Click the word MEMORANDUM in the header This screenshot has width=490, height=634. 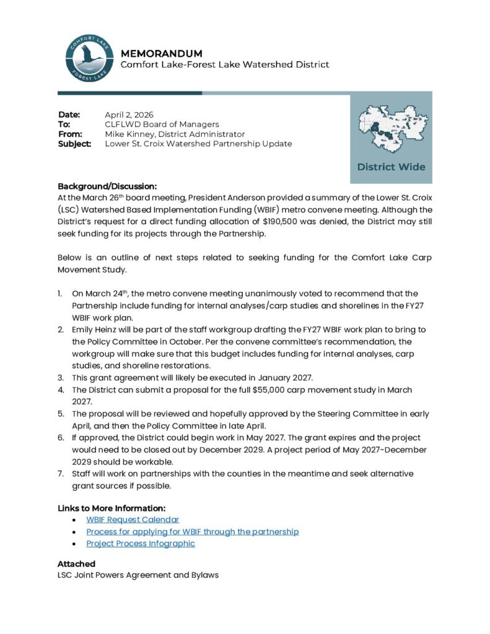161,53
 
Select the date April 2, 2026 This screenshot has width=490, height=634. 129,115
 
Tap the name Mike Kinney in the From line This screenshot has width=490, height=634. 128,134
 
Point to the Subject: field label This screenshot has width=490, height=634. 74,144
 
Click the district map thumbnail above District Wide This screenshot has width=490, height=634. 391,129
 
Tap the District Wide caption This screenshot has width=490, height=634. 391,167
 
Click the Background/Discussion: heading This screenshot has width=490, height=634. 107,186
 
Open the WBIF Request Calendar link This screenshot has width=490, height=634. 133,519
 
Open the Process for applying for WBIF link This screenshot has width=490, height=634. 192,531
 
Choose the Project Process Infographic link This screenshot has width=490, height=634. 141,543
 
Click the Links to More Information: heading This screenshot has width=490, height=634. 112,508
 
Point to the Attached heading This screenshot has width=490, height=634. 76,563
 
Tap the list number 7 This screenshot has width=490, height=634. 60,474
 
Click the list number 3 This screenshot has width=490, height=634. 60,377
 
